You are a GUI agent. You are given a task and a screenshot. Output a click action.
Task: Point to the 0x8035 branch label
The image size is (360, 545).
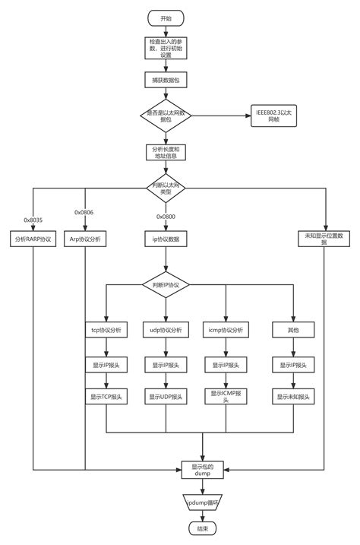pos(33,220)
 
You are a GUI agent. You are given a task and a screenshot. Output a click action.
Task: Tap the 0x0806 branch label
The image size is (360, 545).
pos(83,213)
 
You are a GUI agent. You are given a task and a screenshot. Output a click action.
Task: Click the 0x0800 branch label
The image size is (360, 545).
pos(166,217)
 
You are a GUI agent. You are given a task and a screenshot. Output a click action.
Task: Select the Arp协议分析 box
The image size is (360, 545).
pos(85,239)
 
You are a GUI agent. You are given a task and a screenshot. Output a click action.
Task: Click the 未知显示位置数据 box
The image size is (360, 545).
pos(326,239)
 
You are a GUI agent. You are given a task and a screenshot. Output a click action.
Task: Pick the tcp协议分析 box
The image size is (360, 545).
pos(107,330)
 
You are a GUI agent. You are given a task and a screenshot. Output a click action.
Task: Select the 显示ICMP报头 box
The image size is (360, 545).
pos(226,396)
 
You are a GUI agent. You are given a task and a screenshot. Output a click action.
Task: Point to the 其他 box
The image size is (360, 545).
pos(292,330)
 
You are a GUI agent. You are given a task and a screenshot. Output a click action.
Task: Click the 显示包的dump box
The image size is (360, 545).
pos(204,470)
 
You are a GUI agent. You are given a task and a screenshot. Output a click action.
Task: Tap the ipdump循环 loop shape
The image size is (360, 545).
pos(204,502)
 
